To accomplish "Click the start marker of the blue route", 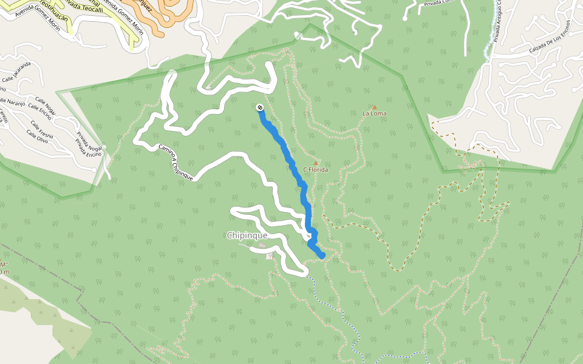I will coord(260,107).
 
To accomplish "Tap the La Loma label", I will coord(374,113).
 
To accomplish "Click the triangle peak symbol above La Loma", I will coord(374,107).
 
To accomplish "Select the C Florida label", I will coord(316,170).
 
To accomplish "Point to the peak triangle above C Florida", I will coord(316,163).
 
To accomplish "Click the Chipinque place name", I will coord(247,235).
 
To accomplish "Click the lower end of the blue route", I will coord(322,257).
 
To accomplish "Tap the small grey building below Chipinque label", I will coord(262,246).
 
